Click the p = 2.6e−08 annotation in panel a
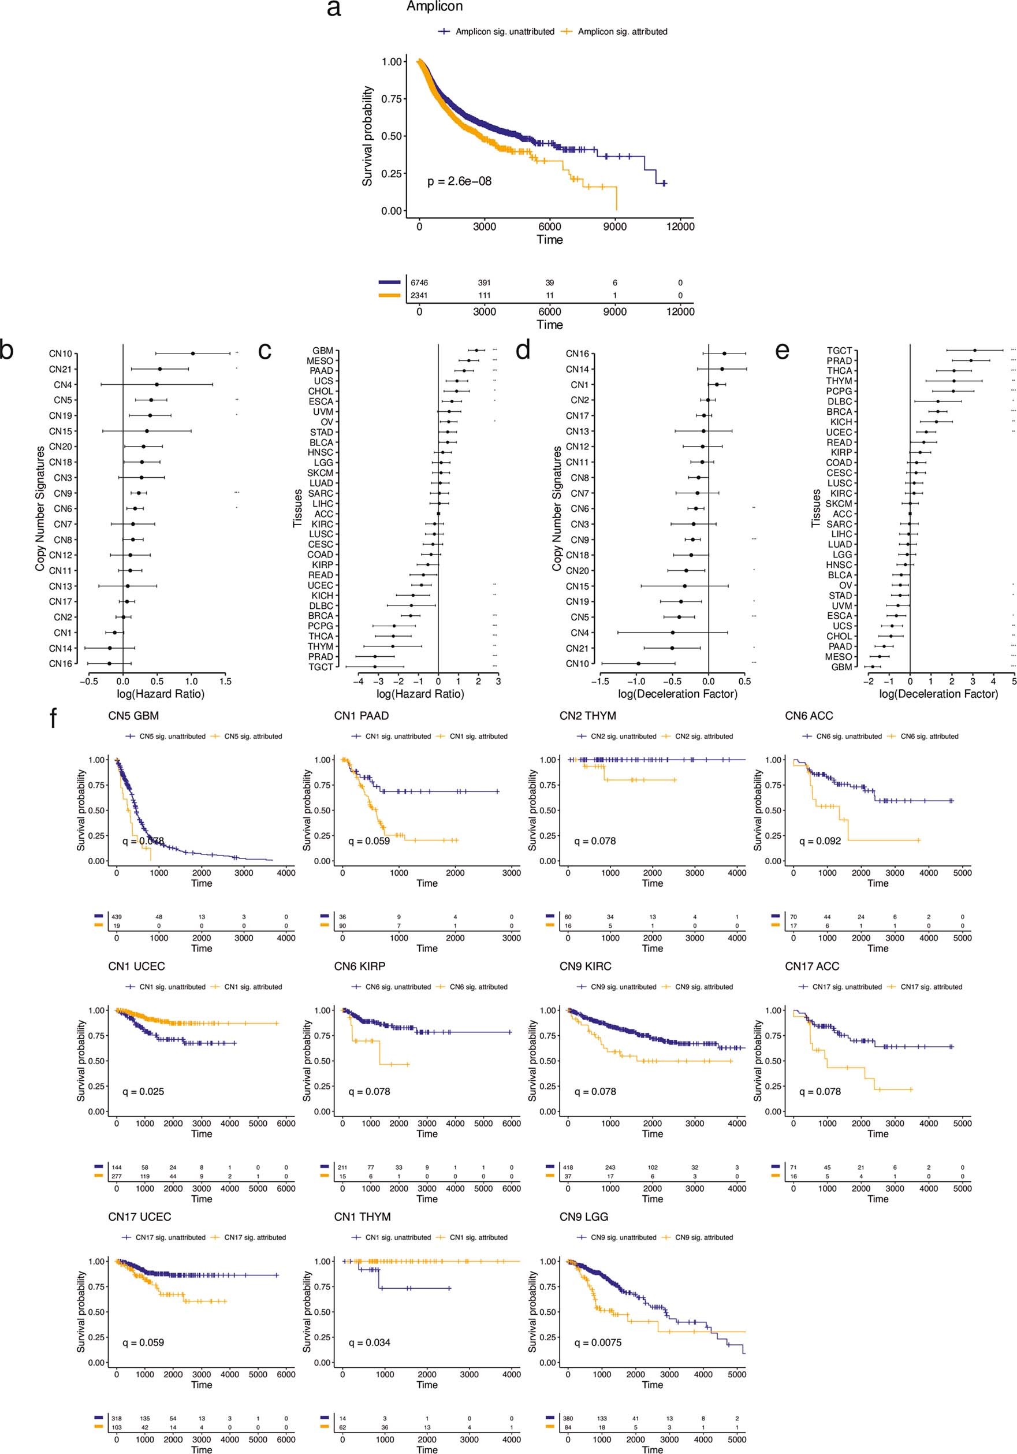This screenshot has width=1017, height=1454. tap(459, 182)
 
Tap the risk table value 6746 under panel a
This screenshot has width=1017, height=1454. tap(419, 282)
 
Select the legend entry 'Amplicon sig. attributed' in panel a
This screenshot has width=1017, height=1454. tap(622, 32)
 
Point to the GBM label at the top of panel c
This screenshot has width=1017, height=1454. tap(322, 351)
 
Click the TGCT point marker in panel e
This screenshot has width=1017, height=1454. tap(975, 350)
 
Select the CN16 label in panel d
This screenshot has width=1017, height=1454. tap(577, 354)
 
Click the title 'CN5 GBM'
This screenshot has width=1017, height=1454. tap(133, 716)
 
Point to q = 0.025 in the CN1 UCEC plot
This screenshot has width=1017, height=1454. tap(143, 1092)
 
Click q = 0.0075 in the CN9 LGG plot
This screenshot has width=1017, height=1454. tap(597, 1343)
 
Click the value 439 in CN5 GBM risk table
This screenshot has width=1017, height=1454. tap(117, 917)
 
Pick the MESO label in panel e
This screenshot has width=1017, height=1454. tap(839, 657)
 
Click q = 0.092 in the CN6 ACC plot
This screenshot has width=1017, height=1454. tap(819, 842)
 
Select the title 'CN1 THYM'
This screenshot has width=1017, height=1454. tap(362, 1217)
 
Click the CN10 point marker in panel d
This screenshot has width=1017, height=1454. tap(638, 663)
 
